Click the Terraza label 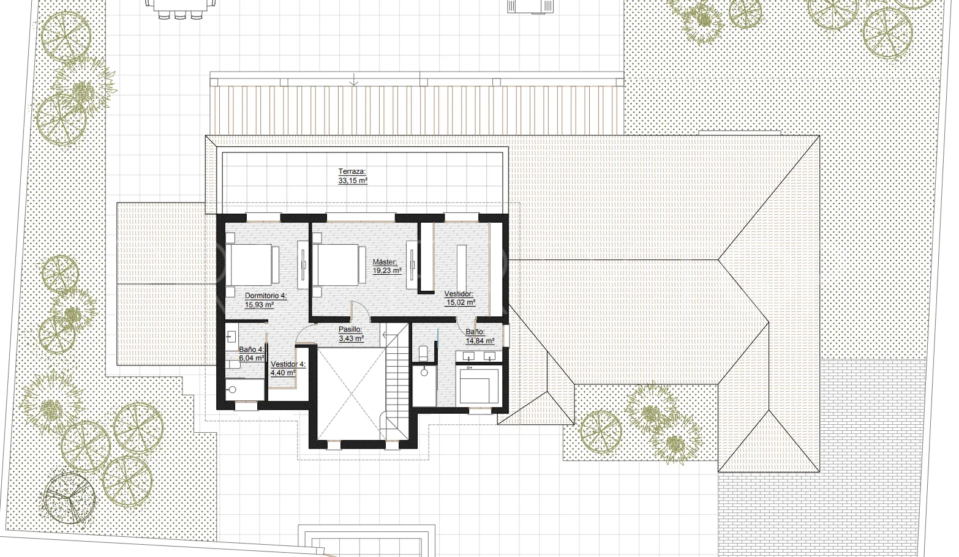[352, 171]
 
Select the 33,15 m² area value [353, 181]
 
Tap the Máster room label [385, 262]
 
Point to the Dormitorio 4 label [265, 296]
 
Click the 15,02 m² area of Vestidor [461, 302]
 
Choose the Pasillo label [350, 329]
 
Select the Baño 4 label [252, 350]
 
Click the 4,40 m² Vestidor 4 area [282, 373]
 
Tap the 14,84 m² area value [480, 341]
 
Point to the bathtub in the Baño [479, 384]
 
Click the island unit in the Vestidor [462, 268]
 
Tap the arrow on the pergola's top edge [353, 80]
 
